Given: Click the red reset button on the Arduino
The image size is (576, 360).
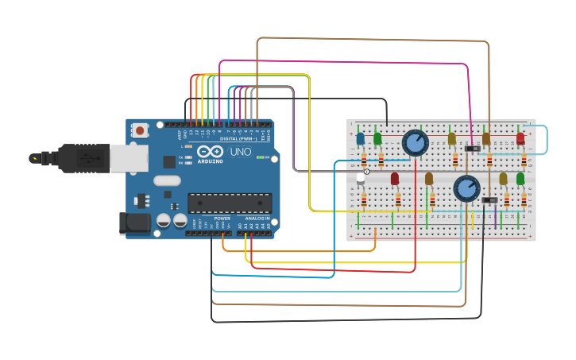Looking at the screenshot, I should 140,130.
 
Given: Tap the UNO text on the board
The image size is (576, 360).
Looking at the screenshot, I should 240,152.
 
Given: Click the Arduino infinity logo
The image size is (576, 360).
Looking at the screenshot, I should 210,151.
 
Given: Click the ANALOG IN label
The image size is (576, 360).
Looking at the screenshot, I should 256,219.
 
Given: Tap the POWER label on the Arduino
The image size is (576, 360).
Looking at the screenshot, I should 222,219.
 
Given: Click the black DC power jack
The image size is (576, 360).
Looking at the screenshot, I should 133,223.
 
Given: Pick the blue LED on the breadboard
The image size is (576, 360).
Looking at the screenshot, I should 360,139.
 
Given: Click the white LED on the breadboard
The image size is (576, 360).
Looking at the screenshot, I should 361,179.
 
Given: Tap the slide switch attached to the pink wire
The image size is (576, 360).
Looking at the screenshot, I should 472,149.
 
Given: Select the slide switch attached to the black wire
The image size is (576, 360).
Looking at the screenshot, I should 489,199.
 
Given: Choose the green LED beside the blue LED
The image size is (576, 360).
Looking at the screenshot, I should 377,139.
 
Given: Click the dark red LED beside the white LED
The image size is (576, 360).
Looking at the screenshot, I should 395,179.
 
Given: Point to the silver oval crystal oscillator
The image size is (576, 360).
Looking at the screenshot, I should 167,180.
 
